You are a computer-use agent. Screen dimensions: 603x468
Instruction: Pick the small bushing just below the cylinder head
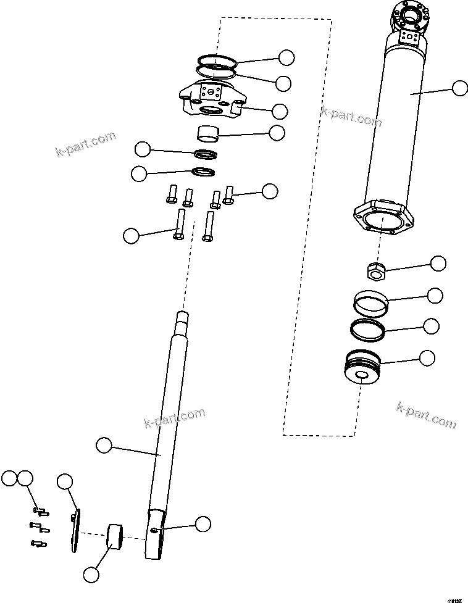208,133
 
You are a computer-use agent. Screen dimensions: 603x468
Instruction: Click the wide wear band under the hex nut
372,302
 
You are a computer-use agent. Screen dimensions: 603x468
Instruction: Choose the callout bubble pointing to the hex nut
438,264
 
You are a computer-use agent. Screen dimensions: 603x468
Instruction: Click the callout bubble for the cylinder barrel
459,88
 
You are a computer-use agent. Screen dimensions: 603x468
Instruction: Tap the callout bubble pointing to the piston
427,357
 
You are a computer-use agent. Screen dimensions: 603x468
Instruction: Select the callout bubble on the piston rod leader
104,444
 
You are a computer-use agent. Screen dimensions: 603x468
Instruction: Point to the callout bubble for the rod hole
203,525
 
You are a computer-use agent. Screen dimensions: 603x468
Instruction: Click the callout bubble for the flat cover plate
64,481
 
